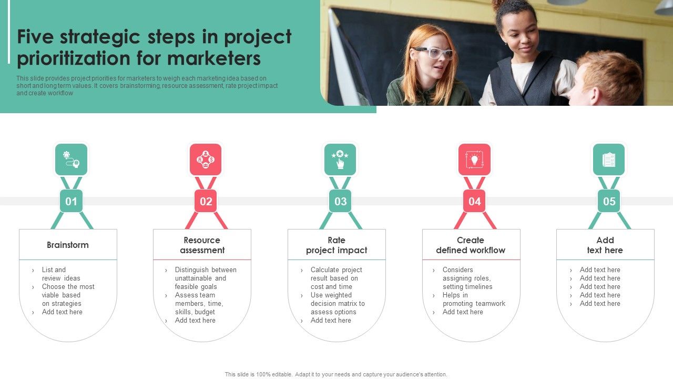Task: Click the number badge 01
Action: point(71,201)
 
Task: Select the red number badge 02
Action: point(206,201)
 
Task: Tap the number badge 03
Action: point(340,201)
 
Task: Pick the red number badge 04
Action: point(474,201)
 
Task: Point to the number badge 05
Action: point(609,201)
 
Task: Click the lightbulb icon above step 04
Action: point(474,159)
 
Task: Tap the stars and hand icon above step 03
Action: point(340,159)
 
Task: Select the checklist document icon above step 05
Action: point(609,159)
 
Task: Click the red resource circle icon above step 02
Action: point(206,159)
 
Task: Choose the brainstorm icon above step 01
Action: point(71,159)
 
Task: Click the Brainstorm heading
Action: point(68,245)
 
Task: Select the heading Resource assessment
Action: point(202,245)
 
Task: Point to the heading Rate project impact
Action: point(336,245)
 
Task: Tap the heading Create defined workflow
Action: point(471,245)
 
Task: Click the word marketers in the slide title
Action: point(214,58)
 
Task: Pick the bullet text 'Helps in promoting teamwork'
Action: point(474,300)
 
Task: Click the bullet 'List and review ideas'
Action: point(61,274)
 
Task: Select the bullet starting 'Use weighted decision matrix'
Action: point(338,304)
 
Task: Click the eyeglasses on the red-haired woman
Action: point(433,53)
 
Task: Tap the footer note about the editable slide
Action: point(336,374)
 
